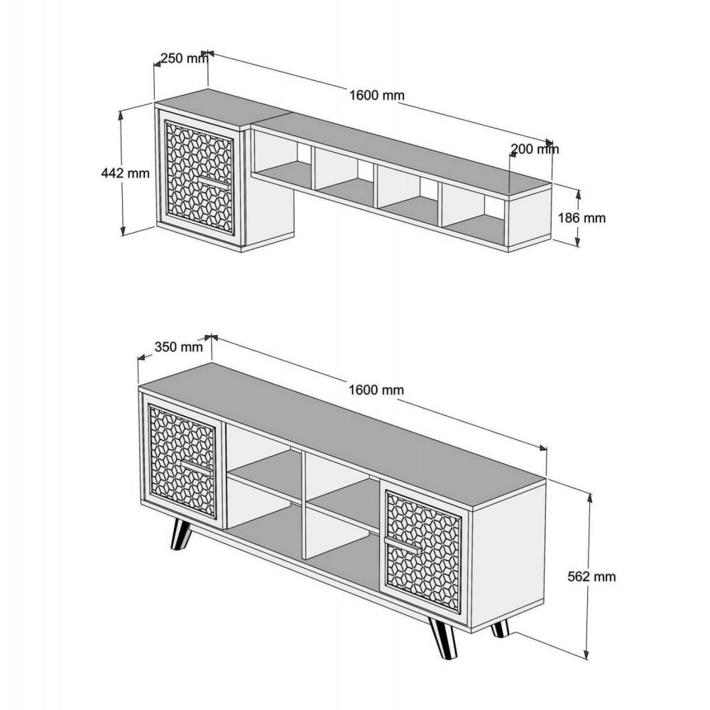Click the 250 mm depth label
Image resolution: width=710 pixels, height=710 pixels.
click(181, 59)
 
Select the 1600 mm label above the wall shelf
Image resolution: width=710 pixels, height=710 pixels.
click(377, 96)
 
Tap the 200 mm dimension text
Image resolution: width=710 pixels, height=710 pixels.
click(535, 149)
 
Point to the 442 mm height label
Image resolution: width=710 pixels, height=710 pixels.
click(126, 173)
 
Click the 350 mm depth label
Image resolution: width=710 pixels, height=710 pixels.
click(179, 347)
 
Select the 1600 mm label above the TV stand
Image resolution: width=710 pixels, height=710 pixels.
click(377, 390)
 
